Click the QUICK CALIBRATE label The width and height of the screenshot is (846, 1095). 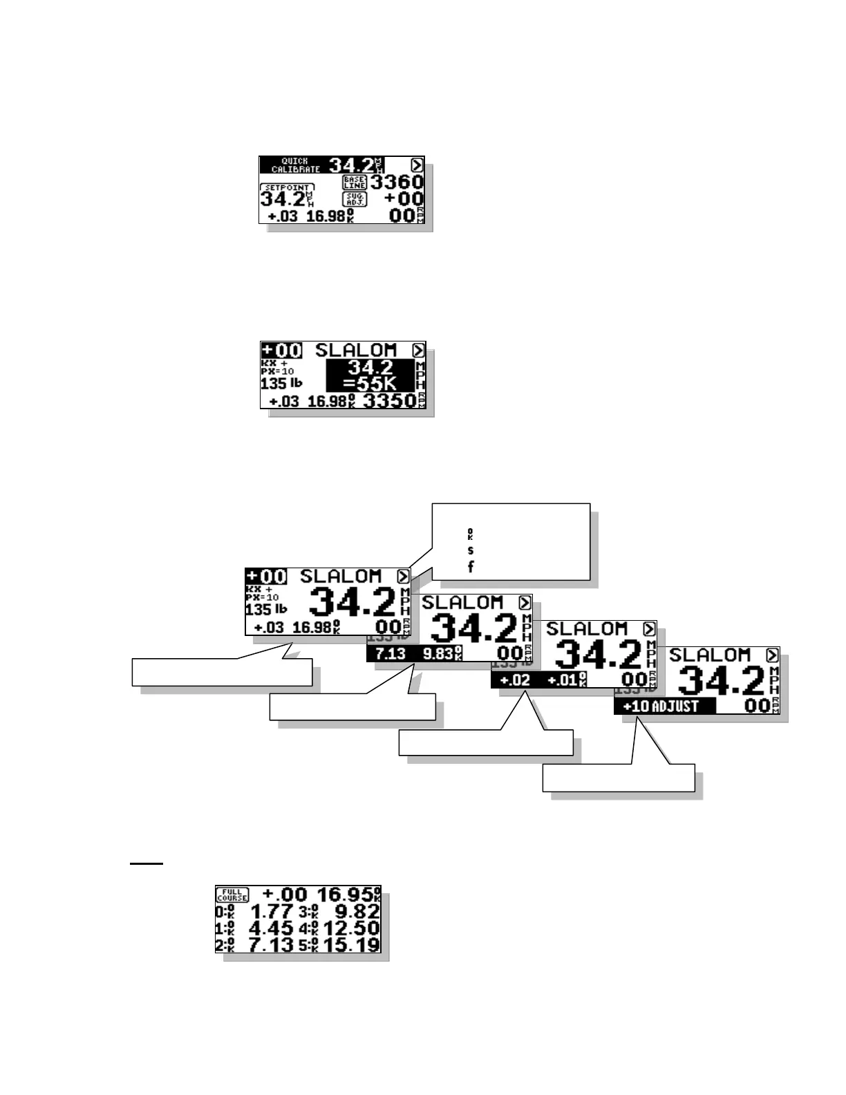pyautogui.click(x=296, y=165)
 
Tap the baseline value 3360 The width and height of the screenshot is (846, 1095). pyautogui.click(x=397, y=182)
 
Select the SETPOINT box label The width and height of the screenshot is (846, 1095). pyautogui.click(x=287, y=187)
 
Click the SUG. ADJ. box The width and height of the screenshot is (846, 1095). pyautogui.click(x=355, y=199)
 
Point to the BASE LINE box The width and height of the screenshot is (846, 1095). pyautogui.click(x=355, y=182)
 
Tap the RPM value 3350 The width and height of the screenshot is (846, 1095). pyautogui.click(x=389, y=401)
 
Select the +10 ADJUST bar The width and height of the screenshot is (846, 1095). pyautogui.click(x=664, y=706)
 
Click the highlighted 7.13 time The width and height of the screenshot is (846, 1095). pyautogui.click(x=390, y=654)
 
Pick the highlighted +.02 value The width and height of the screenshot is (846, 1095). pyautogui.click(x=515, y=680)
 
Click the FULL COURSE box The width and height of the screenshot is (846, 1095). pyautogui.click(x=232, y=895)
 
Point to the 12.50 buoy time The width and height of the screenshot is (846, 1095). pyautogui.click(x=350, y=928)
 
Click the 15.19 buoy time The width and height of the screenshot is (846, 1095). pyautogui.click(x=350, y=945)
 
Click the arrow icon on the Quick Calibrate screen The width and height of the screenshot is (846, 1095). pyautogui.click(x=417, y=165)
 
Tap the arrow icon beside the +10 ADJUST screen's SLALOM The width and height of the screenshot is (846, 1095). pyautogui.click(x=772, y=655)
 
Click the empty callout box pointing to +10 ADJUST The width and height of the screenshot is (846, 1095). pyautogui.click(x=619, y=778)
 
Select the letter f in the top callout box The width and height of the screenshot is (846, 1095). pyautogui.click(x=471, y=567)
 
